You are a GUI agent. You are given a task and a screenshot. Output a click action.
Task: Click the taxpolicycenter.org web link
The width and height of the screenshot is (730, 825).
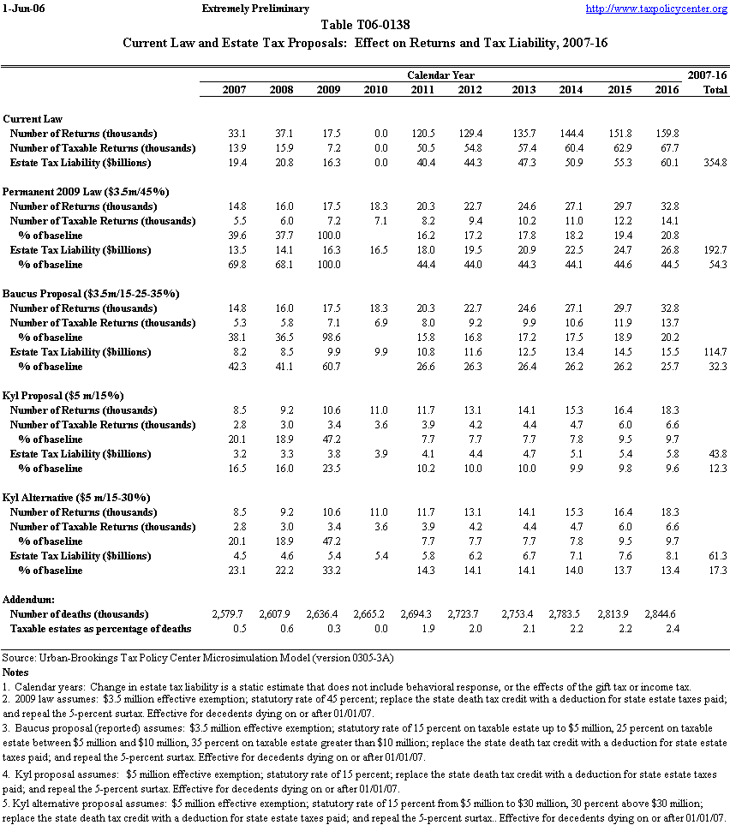pos(655,9)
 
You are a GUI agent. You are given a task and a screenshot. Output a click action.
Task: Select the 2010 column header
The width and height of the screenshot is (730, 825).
pos(375,90)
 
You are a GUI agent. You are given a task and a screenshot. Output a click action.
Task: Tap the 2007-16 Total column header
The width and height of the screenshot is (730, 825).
pos(708,90)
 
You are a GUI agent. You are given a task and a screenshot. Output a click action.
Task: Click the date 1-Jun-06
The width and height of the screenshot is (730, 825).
pos(21,9)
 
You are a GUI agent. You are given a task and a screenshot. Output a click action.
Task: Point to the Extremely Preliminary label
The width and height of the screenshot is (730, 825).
pos(254,9)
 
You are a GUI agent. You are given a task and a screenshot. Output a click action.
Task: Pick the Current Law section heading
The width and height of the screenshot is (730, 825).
pos(33,119)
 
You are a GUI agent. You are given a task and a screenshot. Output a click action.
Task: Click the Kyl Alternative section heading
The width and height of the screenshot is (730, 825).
pos(76,498)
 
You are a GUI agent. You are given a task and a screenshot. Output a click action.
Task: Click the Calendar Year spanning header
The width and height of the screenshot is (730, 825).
pos(440,75)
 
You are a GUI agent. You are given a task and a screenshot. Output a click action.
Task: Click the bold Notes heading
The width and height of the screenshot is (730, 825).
pos(16,673)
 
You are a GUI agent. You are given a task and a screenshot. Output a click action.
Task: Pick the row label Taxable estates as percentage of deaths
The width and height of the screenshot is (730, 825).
pos(101,629)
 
